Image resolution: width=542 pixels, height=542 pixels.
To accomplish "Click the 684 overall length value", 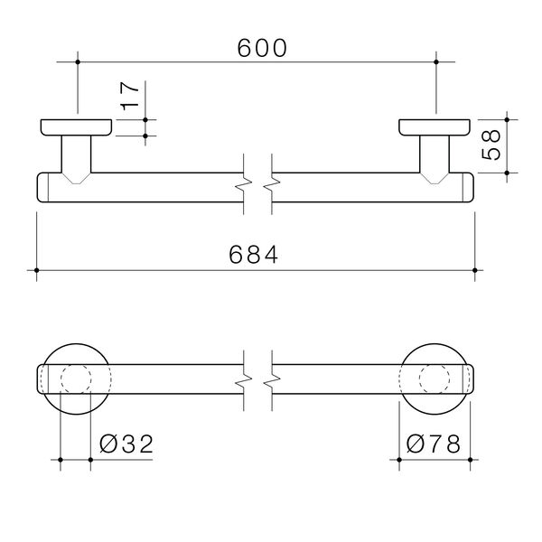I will [257, 256].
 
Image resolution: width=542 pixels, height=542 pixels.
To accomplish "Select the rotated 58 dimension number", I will [492, 145].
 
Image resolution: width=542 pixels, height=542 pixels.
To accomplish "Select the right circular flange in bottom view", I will [435, 378].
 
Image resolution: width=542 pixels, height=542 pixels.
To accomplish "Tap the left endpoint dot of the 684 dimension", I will [37, 270].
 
